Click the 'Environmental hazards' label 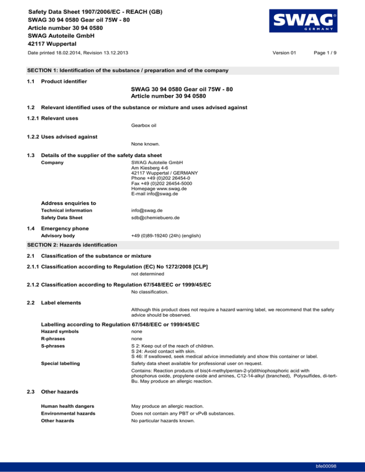(68, 413)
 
